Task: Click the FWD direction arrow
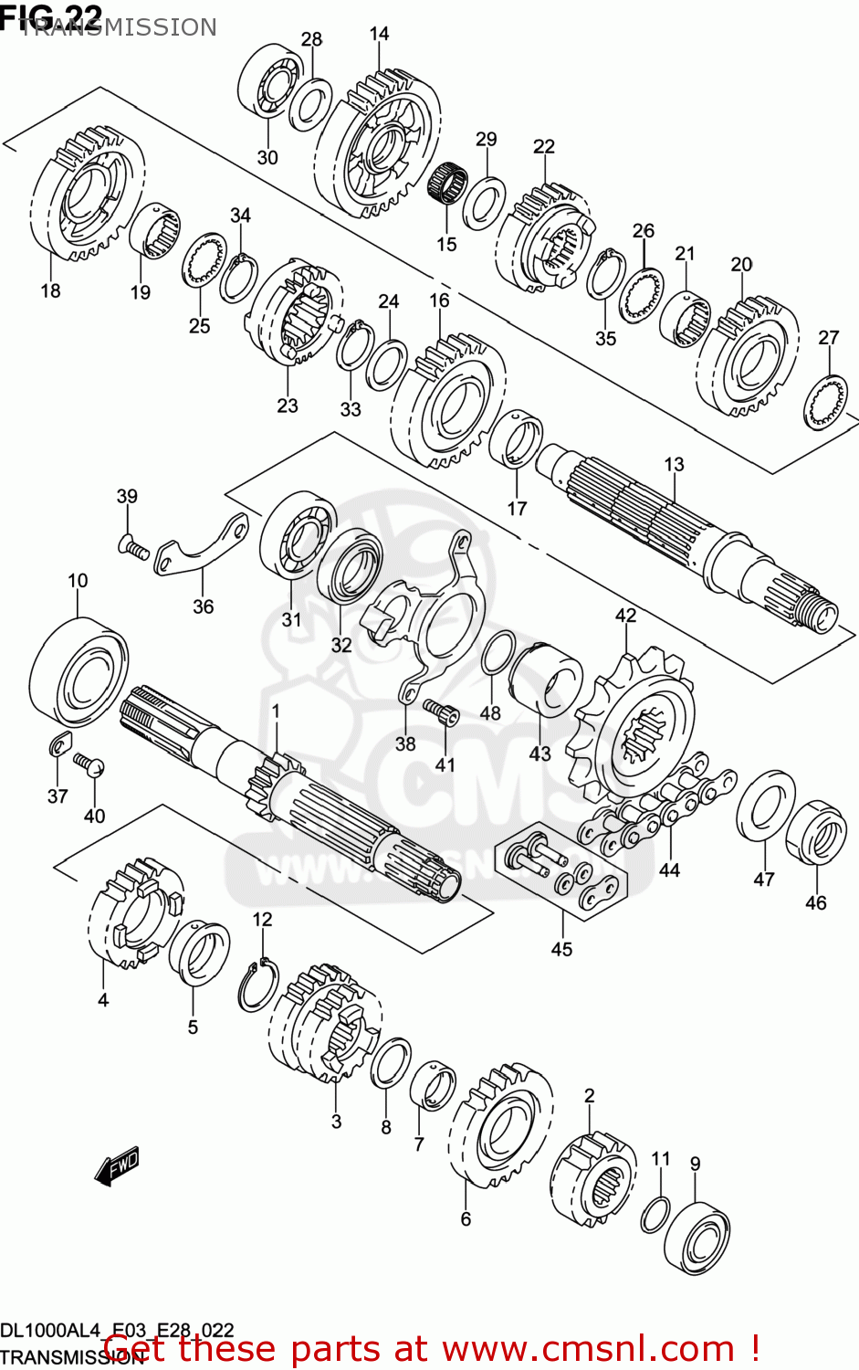coord(117,1166)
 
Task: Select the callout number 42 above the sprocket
coord(625,616)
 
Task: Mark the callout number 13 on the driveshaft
coord(674,464)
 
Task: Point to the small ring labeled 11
coord(656,1213)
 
